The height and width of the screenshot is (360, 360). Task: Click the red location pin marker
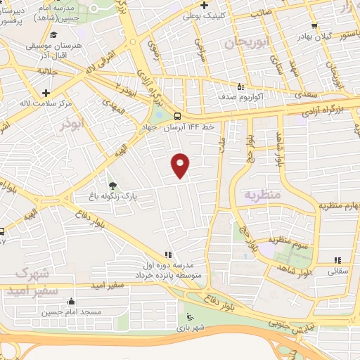click(x=181, y=165)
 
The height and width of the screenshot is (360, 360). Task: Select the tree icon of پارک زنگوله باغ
click(x=113, y=185)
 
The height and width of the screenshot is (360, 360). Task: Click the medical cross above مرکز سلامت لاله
click(x=46, y=92)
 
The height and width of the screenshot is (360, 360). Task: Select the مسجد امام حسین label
click(x=71, y=311)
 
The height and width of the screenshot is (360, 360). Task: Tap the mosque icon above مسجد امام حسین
click(x=70, y=302)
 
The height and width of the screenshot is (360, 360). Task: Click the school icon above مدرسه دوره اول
click(x=167, y=255)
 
